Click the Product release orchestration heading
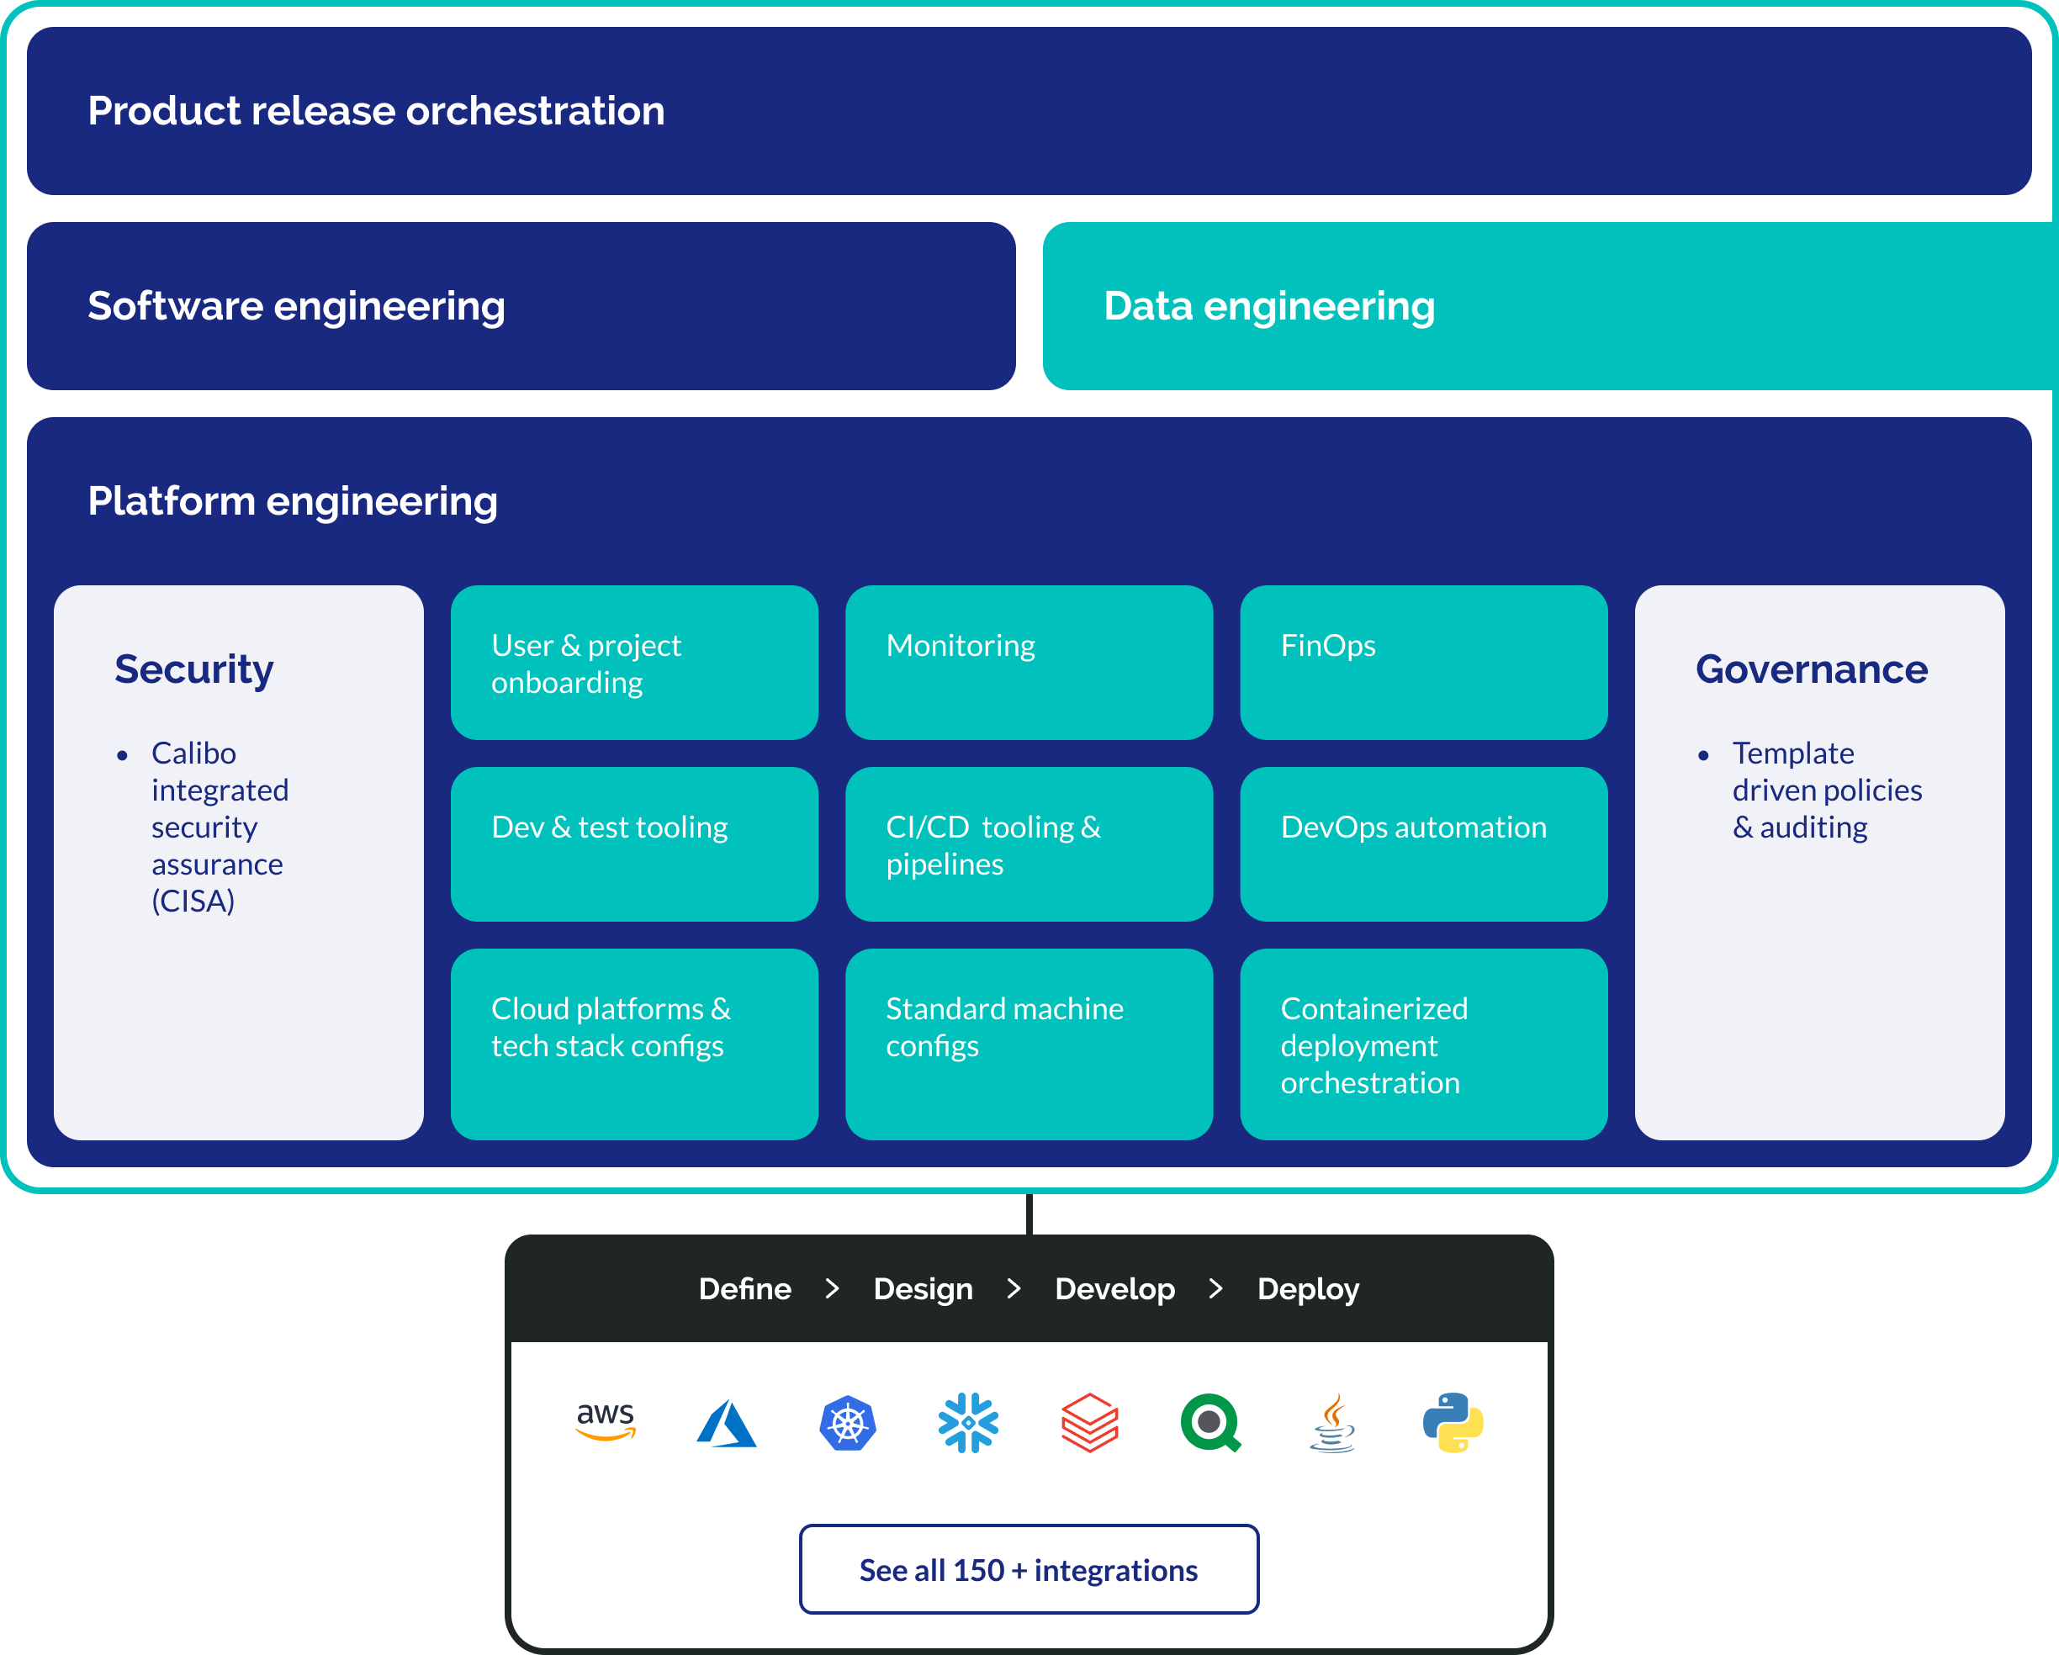coord(376,111)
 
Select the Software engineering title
coord(296,305)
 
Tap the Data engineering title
coord(1269,305)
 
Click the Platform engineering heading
coord(292,501)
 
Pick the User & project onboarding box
coord(634,663)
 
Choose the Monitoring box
coord(1029,663)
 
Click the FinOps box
coord(1423,663)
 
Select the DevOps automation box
coord(1423,844)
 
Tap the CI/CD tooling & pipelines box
coord(1029,844)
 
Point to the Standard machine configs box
coord(1029,1043)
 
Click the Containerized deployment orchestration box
coord(1423,1043)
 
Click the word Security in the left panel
coord(193,669)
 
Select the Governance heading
coord(1812,669)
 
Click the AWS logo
coord(606,1421)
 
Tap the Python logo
coord(1453,1423)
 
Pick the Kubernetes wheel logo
coord(847,1423)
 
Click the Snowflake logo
coord(968,1423)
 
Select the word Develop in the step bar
coord(1114,1289)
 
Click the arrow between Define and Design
coord(832,1289)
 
